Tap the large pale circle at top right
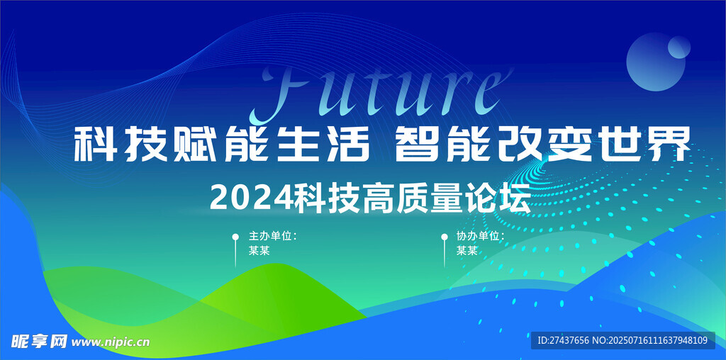click(x=655, y=62)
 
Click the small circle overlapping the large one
click(x=678, y=47)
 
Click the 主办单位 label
click(x=270, y=236)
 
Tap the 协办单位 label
click(x=478, y=236)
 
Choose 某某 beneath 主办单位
click(x=259, y=251)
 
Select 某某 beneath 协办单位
click(x=467, y=251)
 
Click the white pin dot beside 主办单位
click(x=235, y=237)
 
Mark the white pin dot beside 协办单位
click(x=445, y=237)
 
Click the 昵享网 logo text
click(x=40, y=342)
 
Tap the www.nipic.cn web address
click(x=111, y=342)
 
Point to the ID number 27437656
click(x=569, y=341)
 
